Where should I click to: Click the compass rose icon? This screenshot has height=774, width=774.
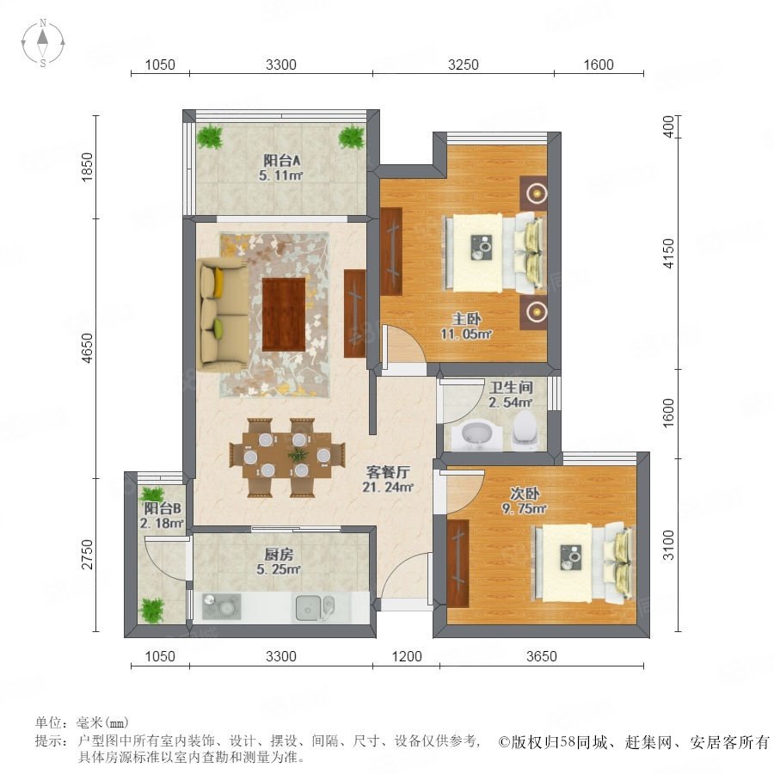[43, 43]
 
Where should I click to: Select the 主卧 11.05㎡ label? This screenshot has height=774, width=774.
[466, 326]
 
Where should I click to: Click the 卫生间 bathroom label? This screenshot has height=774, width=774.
[511, 395]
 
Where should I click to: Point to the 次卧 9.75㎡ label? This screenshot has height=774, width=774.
[525, 501]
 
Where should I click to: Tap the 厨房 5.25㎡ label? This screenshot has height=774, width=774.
[279, 562]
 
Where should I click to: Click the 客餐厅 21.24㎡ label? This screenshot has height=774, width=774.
[388, 479]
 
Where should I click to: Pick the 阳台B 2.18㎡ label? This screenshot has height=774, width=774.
[162, 515]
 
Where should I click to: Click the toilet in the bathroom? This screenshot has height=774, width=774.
[525, 430]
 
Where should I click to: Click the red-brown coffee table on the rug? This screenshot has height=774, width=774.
[284, 315]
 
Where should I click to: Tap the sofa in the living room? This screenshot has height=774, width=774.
[222, 314]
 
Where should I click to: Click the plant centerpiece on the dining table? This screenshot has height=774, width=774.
[298, 453]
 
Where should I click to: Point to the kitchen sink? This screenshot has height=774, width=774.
[315, 607]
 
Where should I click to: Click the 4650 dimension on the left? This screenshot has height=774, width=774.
[87, 348]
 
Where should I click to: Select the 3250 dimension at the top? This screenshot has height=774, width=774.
[463, 64]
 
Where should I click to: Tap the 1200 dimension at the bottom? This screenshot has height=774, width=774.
[407, 656]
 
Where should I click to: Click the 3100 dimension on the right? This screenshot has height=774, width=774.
[668, 545]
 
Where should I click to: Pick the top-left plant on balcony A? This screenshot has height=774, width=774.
[211, 136]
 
